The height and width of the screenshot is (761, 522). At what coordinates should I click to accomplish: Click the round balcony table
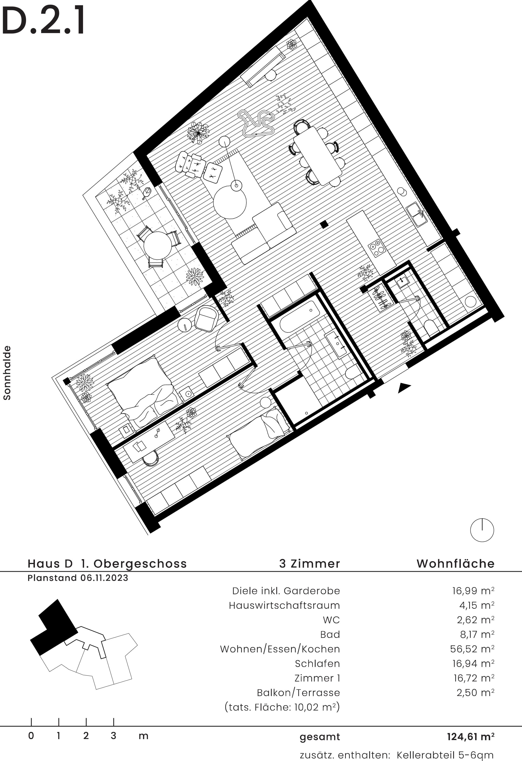pos(158,245)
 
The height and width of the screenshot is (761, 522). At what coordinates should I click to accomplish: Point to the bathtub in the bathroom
pos(299,317)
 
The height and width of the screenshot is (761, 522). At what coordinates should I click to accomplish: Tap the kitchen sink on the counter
pos(416,214)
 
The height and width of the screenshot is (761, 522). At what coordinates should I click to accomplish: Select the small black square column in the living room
pos(324,224)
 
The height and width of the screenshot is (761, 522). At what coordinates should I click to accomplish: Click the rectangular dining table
pos(318,156)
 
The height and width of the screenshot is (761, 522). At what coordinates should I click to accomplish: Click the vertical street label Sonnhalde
pos(7,373)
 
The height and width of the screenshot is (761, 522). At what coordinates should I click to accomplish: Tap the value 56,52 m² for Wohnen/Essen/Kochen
pos(472,649)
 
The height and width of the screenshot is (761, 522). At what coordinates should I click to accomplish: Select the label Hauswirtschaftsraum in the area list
pos(284,605)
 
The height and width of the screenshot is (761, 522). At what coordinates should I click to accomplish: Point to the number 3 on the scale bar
pos(113,736)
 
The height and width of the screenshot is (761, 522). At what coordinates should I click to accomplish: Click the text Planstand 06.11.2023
pos(78,578)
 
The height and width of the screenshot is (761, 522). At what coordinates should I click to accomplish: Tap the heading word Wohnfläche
pos(455,564)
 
